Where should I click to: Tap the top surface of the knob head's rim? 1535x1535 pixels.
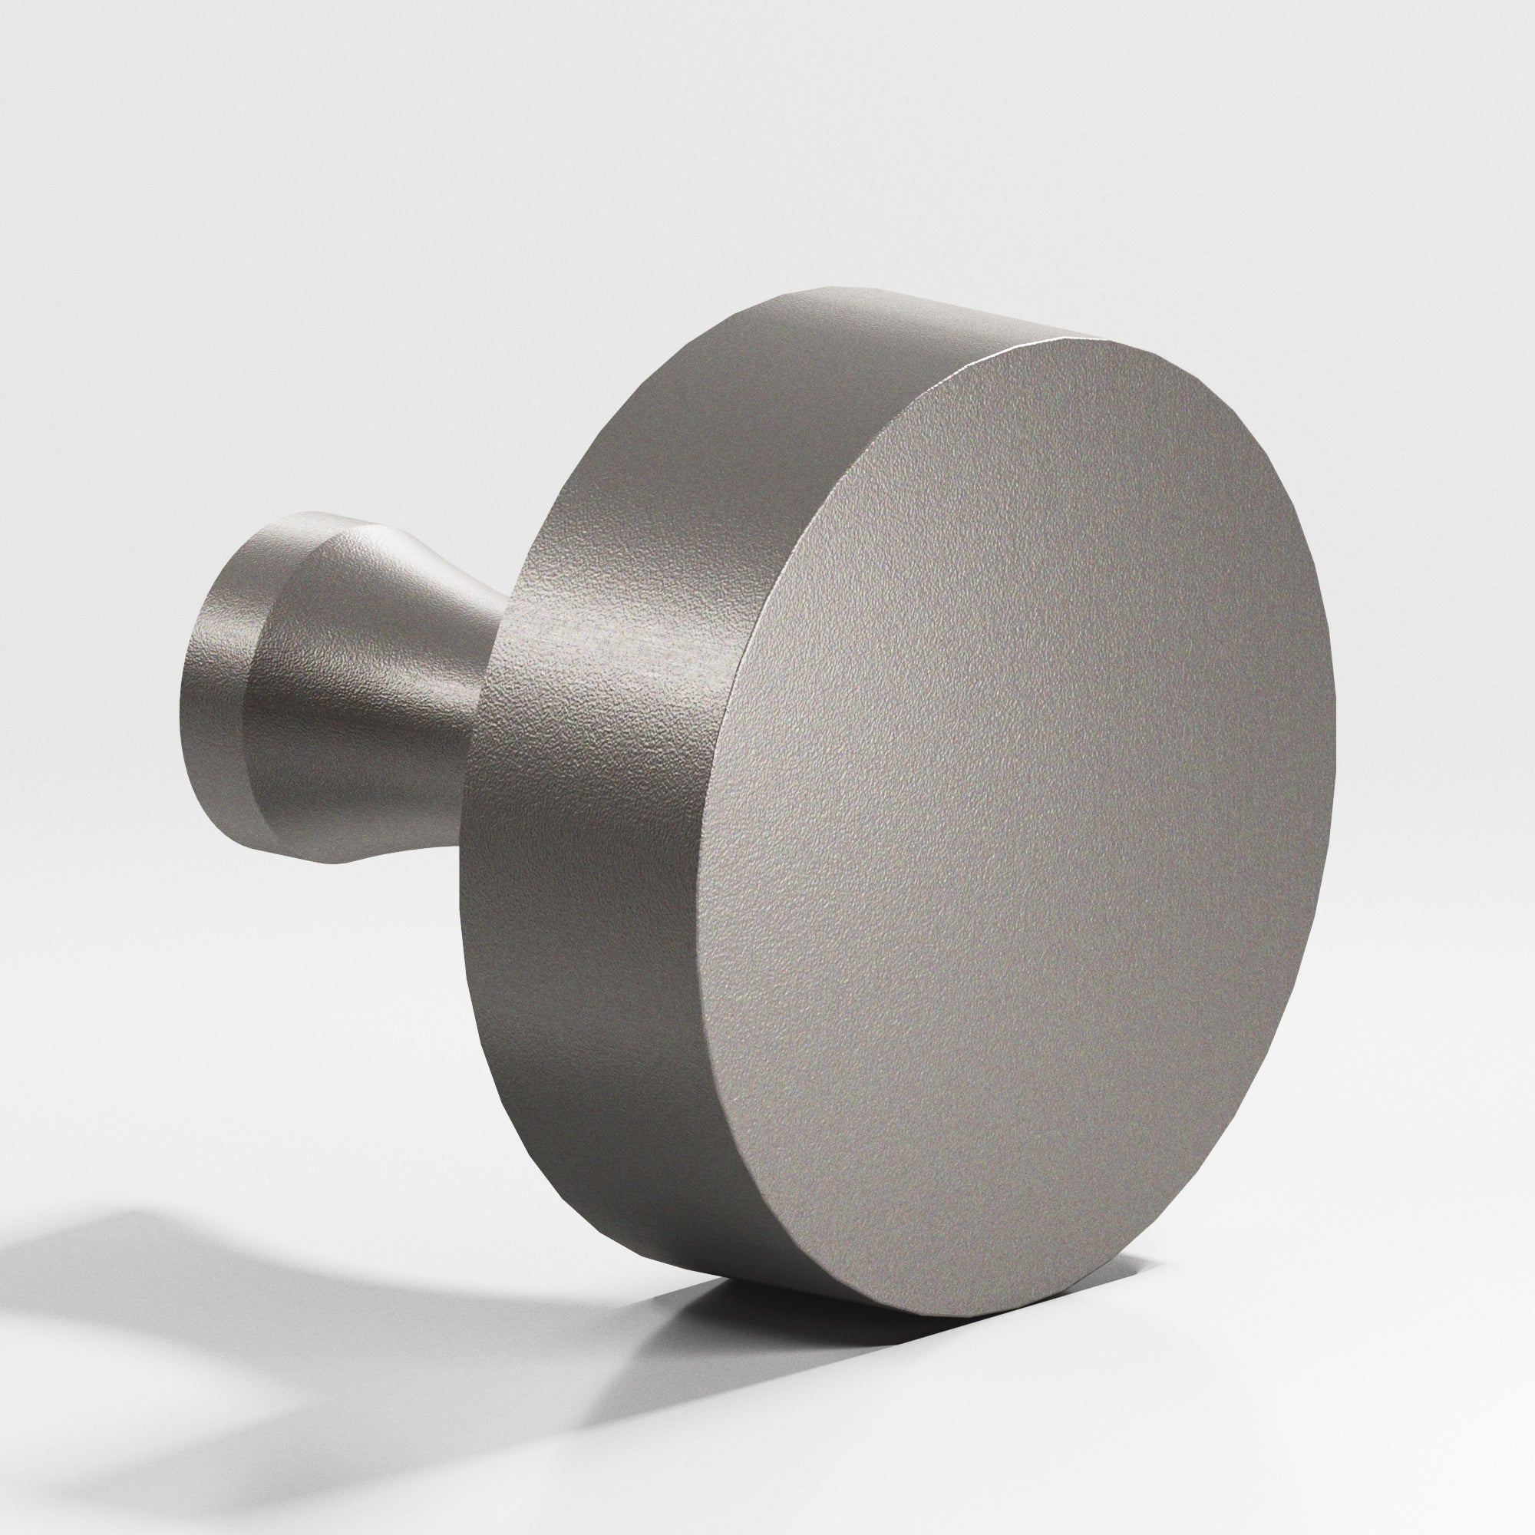pos(874,334)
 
